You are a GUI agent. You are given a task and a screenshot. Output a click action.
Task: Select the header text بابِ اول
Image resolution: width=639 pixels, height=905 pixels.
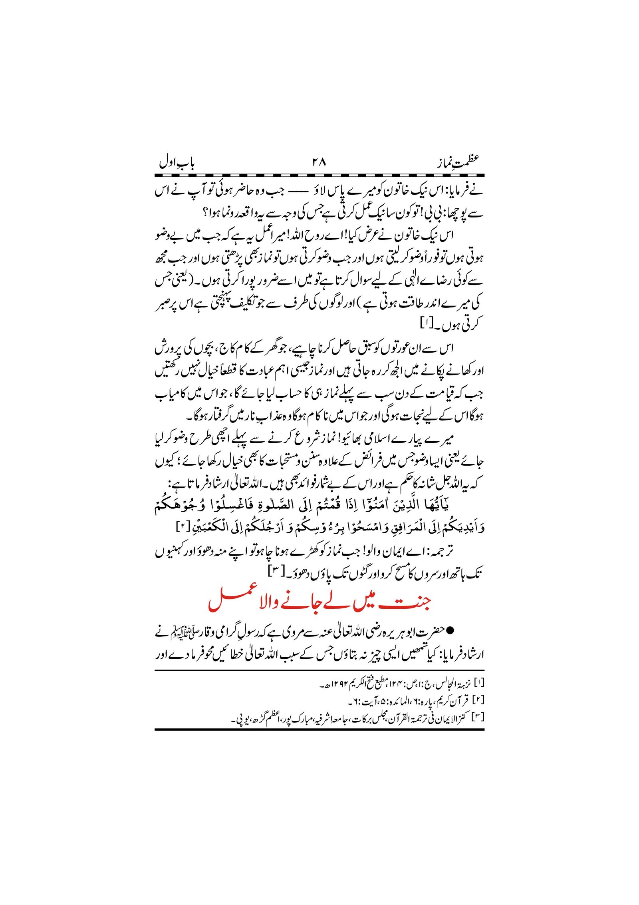coord(177,162)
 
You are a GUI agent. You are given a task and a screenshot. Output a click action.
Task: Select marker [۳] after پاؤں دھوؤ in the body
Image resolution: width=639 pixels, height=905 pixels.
coord(275,573)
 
